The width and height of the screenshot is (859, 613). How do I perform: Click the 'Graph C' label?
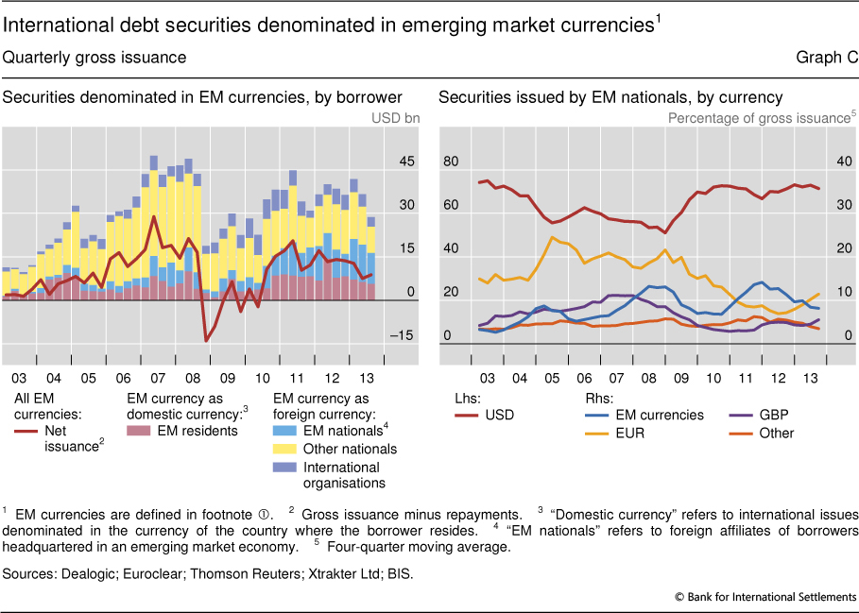coord(827,58)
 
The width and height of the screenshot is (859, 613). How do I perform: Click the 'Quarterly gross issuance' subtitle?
coord(94,58)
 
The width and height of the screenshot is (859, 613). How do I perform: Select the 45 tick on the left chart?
coord(406,162)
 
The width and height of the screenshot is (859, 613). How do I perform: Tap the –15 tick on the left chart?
coord(404,335)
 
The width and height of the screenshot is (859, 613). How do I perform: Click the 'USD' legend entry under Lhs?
coord(499,415)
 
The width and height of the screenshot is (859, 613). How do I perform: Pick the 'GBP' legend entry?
coord(772,415)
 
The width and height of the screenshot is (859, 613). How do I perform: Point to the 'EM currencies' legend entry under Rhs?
coord(659,415)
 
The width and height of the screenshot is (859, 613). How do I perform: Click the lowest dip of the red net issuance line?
coord(206,339)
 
